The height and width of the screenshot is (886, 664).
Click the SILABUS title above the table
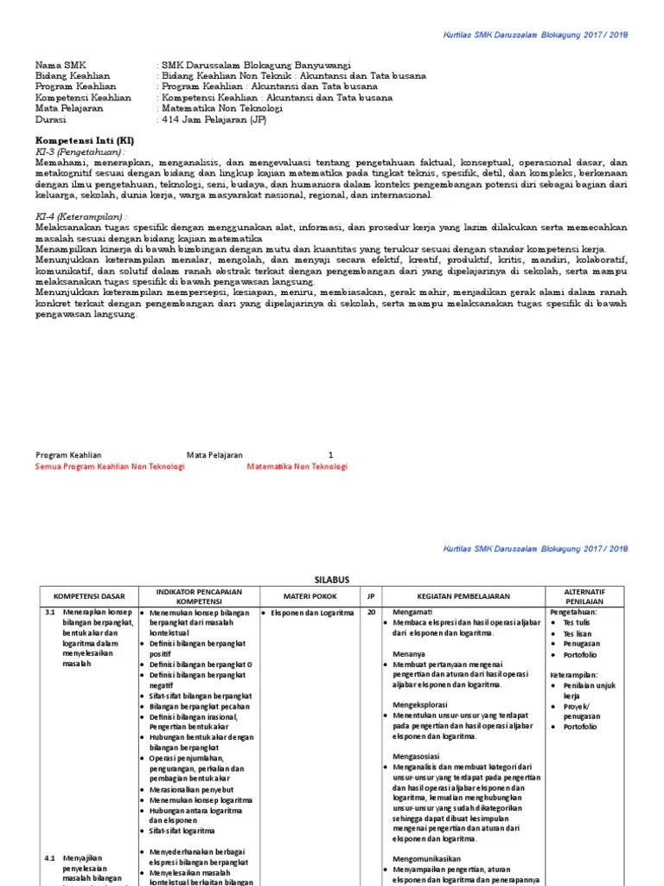[x=332, y=581]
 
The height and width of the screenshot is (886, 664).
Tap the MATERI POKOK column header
[x=310, y=596]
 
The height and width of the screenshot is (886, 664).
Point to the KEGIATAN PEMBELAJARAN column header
[x=463, y=596]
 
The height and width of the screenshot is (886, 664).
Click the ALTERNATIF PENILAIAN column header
[x=584, y=596]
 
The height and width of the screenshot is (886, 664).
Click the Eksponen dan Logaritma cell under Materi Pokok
[x=312, y=613]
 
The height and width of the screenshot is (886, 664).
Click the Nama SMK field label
[x=60, y=65]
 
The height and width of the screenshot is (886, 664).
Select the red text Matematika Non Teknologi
[x=297, y=466]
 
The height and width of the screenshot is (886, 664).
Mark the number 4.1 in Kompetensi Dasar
[x=49, y=857]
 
